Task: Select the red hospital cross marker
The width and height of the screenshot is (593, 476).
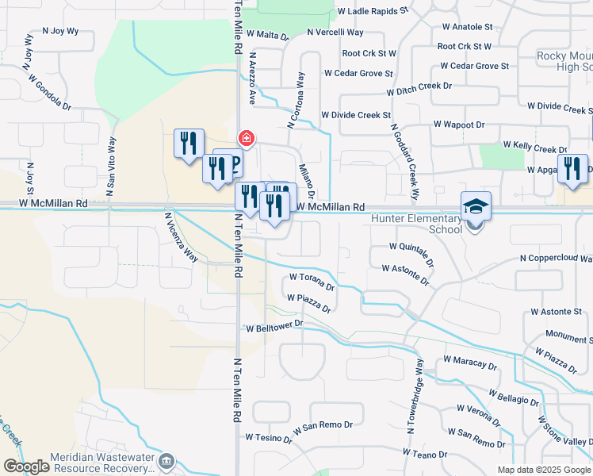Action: click(x=247, y=140)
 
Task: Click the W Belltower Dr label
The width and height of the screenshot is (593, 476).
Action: click(x=275, y=325)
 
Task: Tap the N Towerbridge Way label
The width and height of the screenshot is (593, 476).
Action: click(x=415, y=395)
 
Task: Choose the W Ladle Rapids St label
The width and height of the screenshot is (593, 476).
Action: click(x=372, y=12)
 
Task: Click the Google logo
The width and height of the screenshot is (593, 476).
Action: click(x=26, y=466)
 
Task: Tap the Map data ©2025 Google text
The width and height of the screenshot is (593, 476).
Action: click(x=544, y=470)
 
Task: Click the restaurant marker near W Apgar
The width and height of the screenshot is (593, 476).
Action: click(x=572, y=169)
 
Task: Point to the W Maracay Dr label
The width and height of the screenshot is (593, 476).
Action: click(x=470, y=363)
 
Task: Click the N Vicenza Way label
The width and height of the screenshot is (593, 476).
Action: click(x=181, y=236)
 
